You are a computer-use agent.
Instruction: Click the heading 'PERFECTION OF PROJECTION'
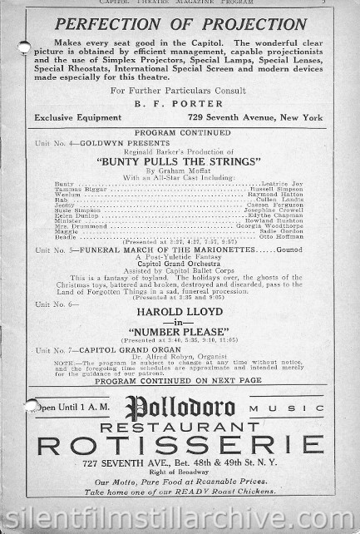tap(180, 23)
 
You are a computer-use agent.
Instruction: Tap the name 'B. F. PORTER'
tap(180, 105)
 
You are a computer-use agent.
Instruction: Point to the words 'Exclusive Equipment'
tap(76, 118)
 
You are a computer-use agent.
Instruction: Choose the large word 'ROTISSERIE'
tap(180, 446)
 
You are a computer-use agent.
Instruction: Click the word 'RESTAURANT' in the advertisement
tap(180, 427)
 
